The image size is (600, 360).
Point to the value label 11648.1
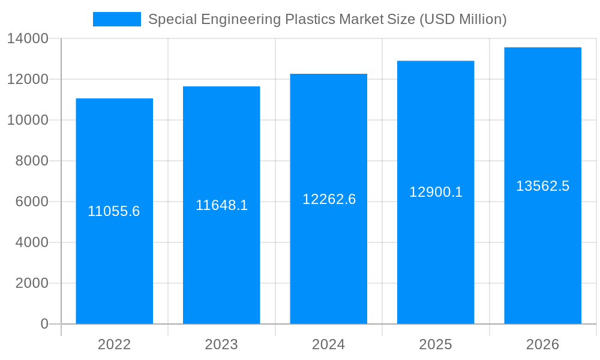point(221,205)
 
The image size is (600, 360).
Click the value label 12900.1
point(436,192)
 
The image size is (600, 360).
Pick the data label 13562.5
point(542,186)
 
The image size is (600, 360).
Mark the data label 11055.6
point(114,211)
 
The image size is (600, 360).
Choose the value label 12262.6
point(329,199)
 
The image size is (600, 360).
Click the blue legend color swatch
point(116,19)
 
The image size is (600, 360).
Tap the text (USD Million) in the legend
point(463,19)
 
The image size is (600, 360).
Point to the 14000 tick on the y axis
point(28,39)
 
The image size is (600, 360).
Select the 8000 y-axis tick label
point(32,161)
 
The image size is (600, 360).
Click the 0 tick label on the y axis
point(44,324)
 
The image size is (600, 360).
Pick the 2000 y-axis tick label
point(32,283)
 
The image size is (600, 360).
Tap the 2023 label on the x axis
point(221,344)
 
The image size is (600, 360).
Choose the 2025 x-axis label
point(436,344)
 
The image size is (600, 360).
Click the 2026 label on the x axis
point(542,344)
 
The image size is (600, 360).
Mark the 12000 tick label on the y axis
point(28,79)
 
